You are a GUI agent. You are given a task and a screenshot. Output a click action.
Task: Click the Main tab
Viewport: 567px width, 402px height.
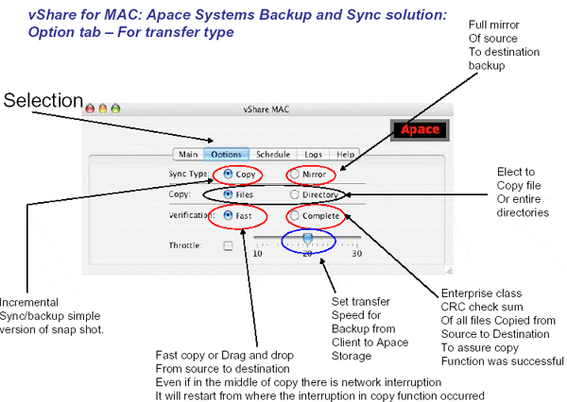click(x=188, y=154)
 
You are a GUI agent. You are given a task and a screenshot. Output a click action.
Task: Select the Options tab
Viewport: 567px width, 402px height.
click(x=227, y=154)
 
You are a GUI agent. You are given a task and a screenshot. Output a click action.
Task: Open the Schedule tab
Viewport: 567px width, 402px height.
click(x=273, y=154)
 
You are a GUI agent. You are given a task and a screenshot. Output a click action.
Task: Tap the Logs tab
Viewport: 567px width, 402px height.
click(x=313, y=154)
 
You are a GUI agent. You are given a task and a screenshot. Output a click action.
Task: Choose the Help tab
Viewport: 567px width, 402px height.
click(x=345, y=154)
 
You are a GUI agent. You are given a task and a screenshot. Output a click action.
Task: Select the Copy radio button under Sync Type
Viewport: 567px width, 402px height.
click(x=228, y=174)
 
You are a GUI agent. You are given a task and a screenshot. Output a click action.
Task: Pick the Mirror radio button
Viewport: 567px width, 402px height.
click(x=294, y=174)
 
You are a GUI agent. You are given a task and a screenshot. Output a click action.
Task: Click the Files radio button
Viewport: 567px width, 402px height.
click(x=228, y=194)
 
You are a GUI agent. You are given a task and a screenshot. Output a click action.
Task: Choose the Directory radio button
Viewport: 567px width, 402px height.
click(x=294, y=194)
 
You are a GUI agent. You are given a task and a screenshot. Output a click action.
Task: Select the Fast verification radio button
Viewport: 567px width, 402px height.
click(x=228, y=216)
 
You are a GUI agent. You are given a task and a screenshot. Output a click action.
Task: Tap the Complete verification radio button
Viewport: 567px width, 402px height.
click(x=294, y=216)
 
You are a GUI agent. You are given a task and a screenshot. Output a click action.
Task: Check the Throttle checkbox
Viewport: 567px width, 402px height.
click(x=228, y=246)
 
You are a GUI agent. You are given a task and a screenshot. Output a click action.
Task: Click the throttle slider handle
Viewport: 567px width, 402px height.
click(x=307, y=239)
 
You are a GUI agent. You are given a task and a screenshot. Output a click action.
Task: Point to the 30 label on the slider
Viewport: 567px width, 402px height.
click(x=357, y=254)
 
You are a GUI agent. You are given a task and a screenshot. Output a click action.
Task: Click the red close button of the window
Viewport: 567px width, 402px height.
click(x=90, y=109)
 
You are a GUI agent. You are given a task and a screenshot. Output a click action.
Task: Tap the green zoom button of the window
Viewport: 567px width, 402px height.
click(x=115, y=109)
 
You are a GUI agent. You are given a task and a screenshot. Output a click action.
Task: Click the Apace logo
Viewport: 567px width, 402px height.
click(x=420, y=129)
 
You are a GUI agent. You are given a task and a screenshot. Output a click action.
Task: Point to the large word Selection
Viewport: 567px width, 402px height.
click(x=43, y=100)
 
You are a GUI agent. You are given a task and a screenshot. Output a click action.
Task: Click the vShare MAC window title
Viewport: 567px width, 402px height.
click(x=266, y=109)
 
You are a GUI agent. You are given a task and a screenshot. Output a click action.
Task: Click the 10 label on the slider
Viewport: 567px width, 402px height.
click(x=257, y=254)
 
